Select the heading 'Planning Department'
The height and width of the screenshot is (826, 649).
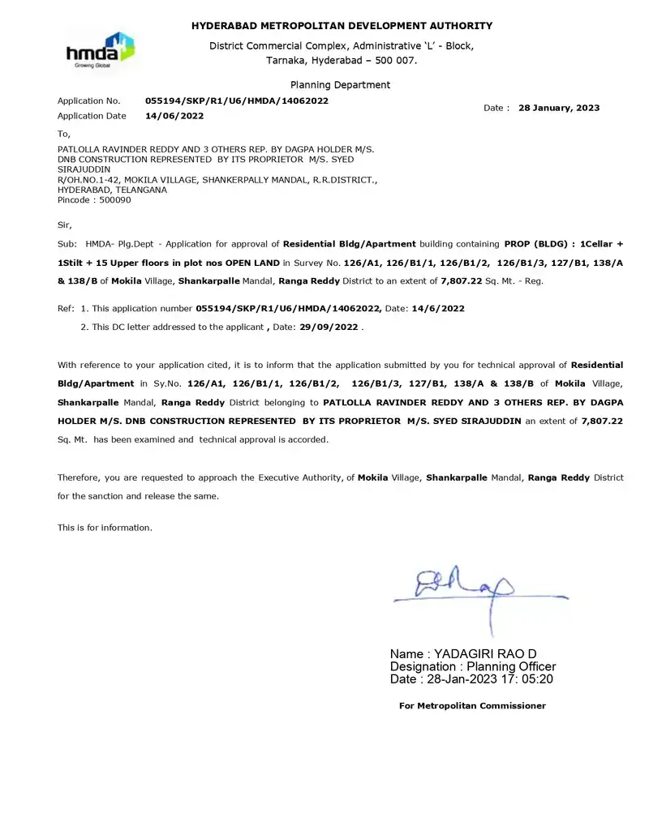point(340,85)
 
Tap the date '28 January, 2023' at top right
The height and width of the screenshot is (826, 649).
point(559,108)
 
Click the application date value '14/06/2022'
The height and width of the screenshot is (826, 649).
point(174,116)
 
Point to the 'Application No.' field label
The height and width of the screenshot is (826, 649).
point(88,101)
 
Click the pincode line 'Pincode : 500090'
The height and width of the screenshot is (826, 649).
point(94,200)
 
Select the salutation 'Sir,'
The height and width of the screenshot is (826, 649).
point(65,225)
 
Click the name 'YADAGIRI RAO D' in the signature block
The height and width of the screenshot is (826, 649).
point(485,654)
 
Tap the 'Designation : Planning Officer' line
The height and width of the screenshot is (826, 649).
point(473,666)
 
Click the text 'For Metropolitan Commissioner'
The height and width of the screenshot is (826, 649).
point(472,706)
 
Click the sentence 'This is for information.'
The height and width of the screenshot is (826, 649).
point(105,528)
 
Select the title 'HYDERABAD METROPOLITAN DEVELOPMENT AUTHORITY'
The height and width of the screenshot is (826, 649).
point(342,27)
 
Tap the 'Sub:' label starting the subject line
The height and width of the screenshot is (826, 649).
point(67,244)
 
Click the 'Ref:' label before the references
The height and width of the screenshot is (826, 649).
point(66,309)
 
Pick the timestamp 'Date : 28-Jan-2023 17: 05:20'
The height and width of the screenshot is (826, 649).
point(471,679)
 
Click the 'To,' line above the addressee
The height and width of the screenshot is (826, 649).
point(64,134)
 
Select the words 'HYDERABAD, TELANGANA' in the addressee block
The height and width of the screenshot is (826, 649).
point(112,190)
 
